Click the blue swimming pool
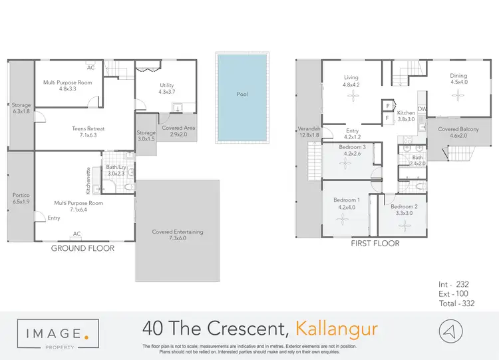click(x=243, y=98)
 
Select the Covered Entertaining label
click(x=177, y=232)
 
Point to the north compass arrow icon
click(x=450, y=331)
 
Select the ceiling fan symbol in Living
click(x=351, y=96)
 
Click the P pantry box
click(x=387, y=105)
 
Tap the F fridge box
click(x=387, y=118)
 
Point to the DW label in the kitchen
click(x=422, y=109)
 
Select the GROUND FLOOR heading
click(x=83, y=248)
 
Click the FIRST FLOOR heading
click(x=375, y=244)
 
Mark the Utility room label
click(x=166, y=85)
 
